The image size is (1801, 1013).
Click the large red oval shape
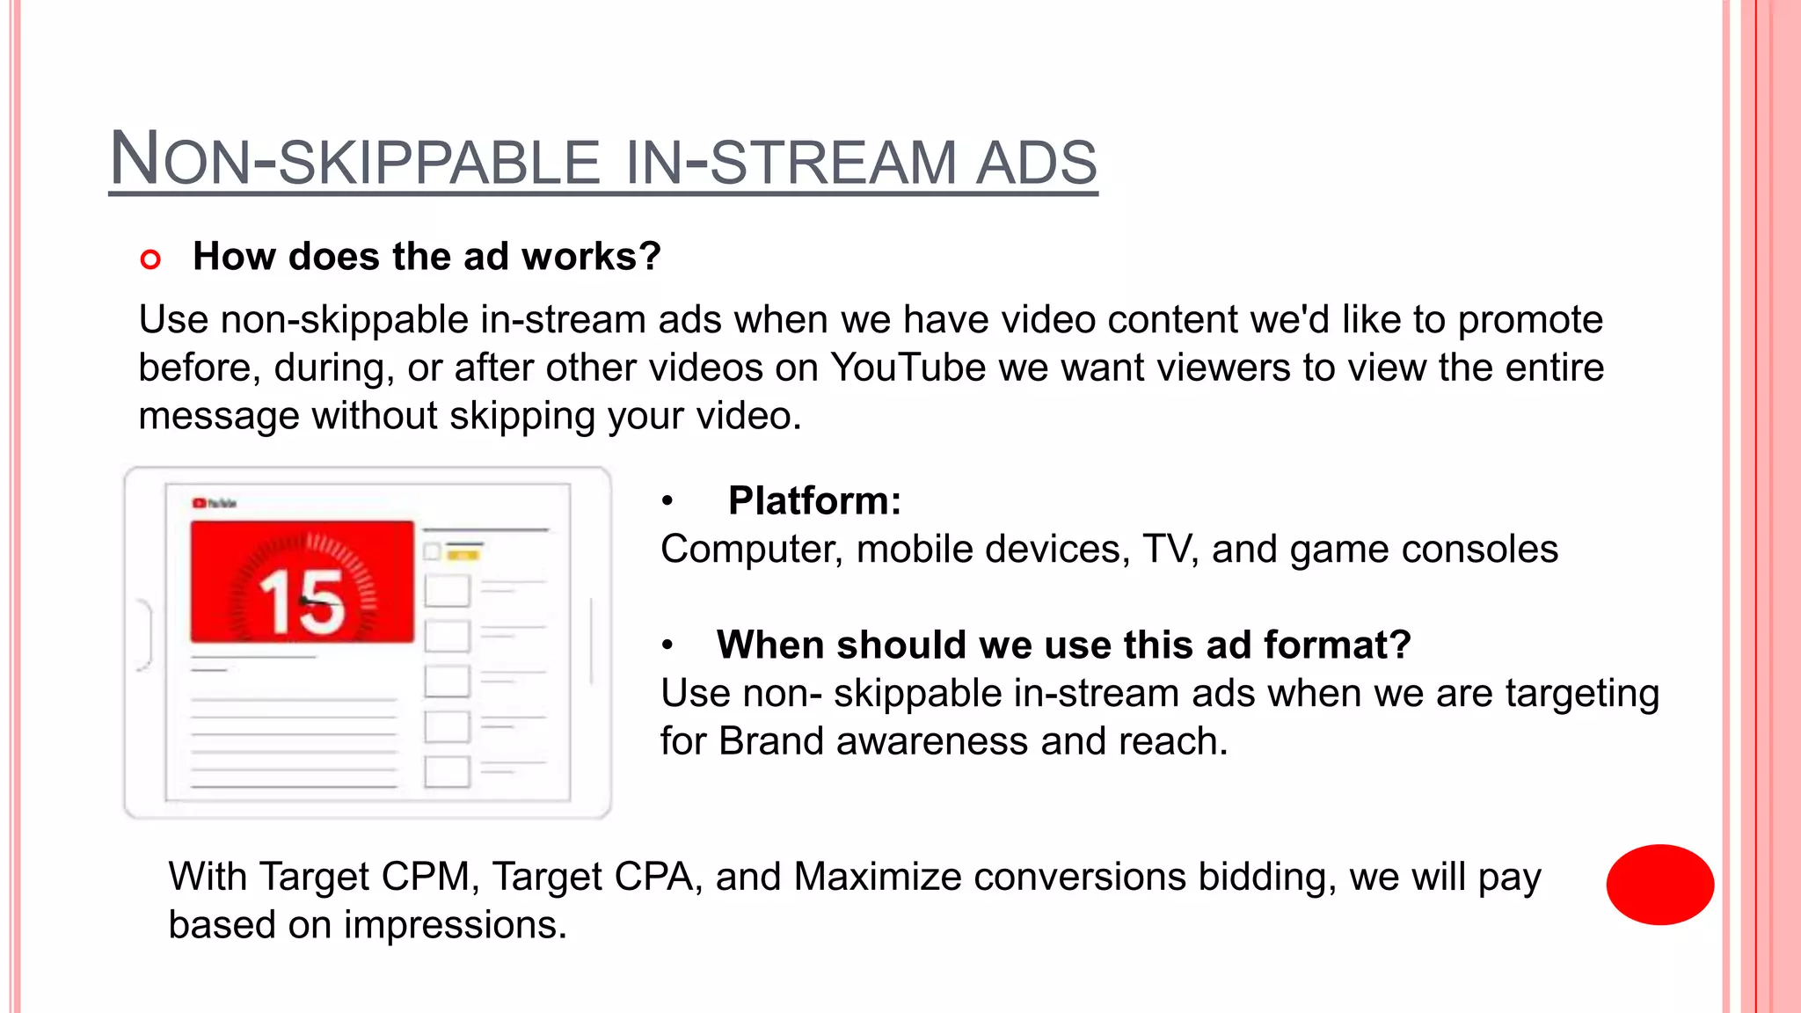click(x=1659, y=885)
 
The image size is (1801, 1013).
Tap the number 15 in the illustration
click(x=302, y=602)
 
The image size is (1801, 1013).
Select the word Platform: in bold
click(x=814, y=501)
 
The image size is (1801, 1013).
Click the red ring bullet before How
click(x=150, y=259)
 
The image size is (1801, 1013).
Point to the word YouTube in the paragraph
click(x=908, y=368)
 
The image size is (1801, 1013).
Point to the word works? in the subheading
click(x=591, y=257)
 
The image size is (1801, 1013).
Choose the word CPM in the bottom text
click(x=430, y=877)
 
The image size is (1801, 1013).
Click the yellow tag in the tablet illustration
click(x=463, y=554)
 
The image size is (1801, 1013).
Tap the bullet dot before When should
click(x=667, y=646)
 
